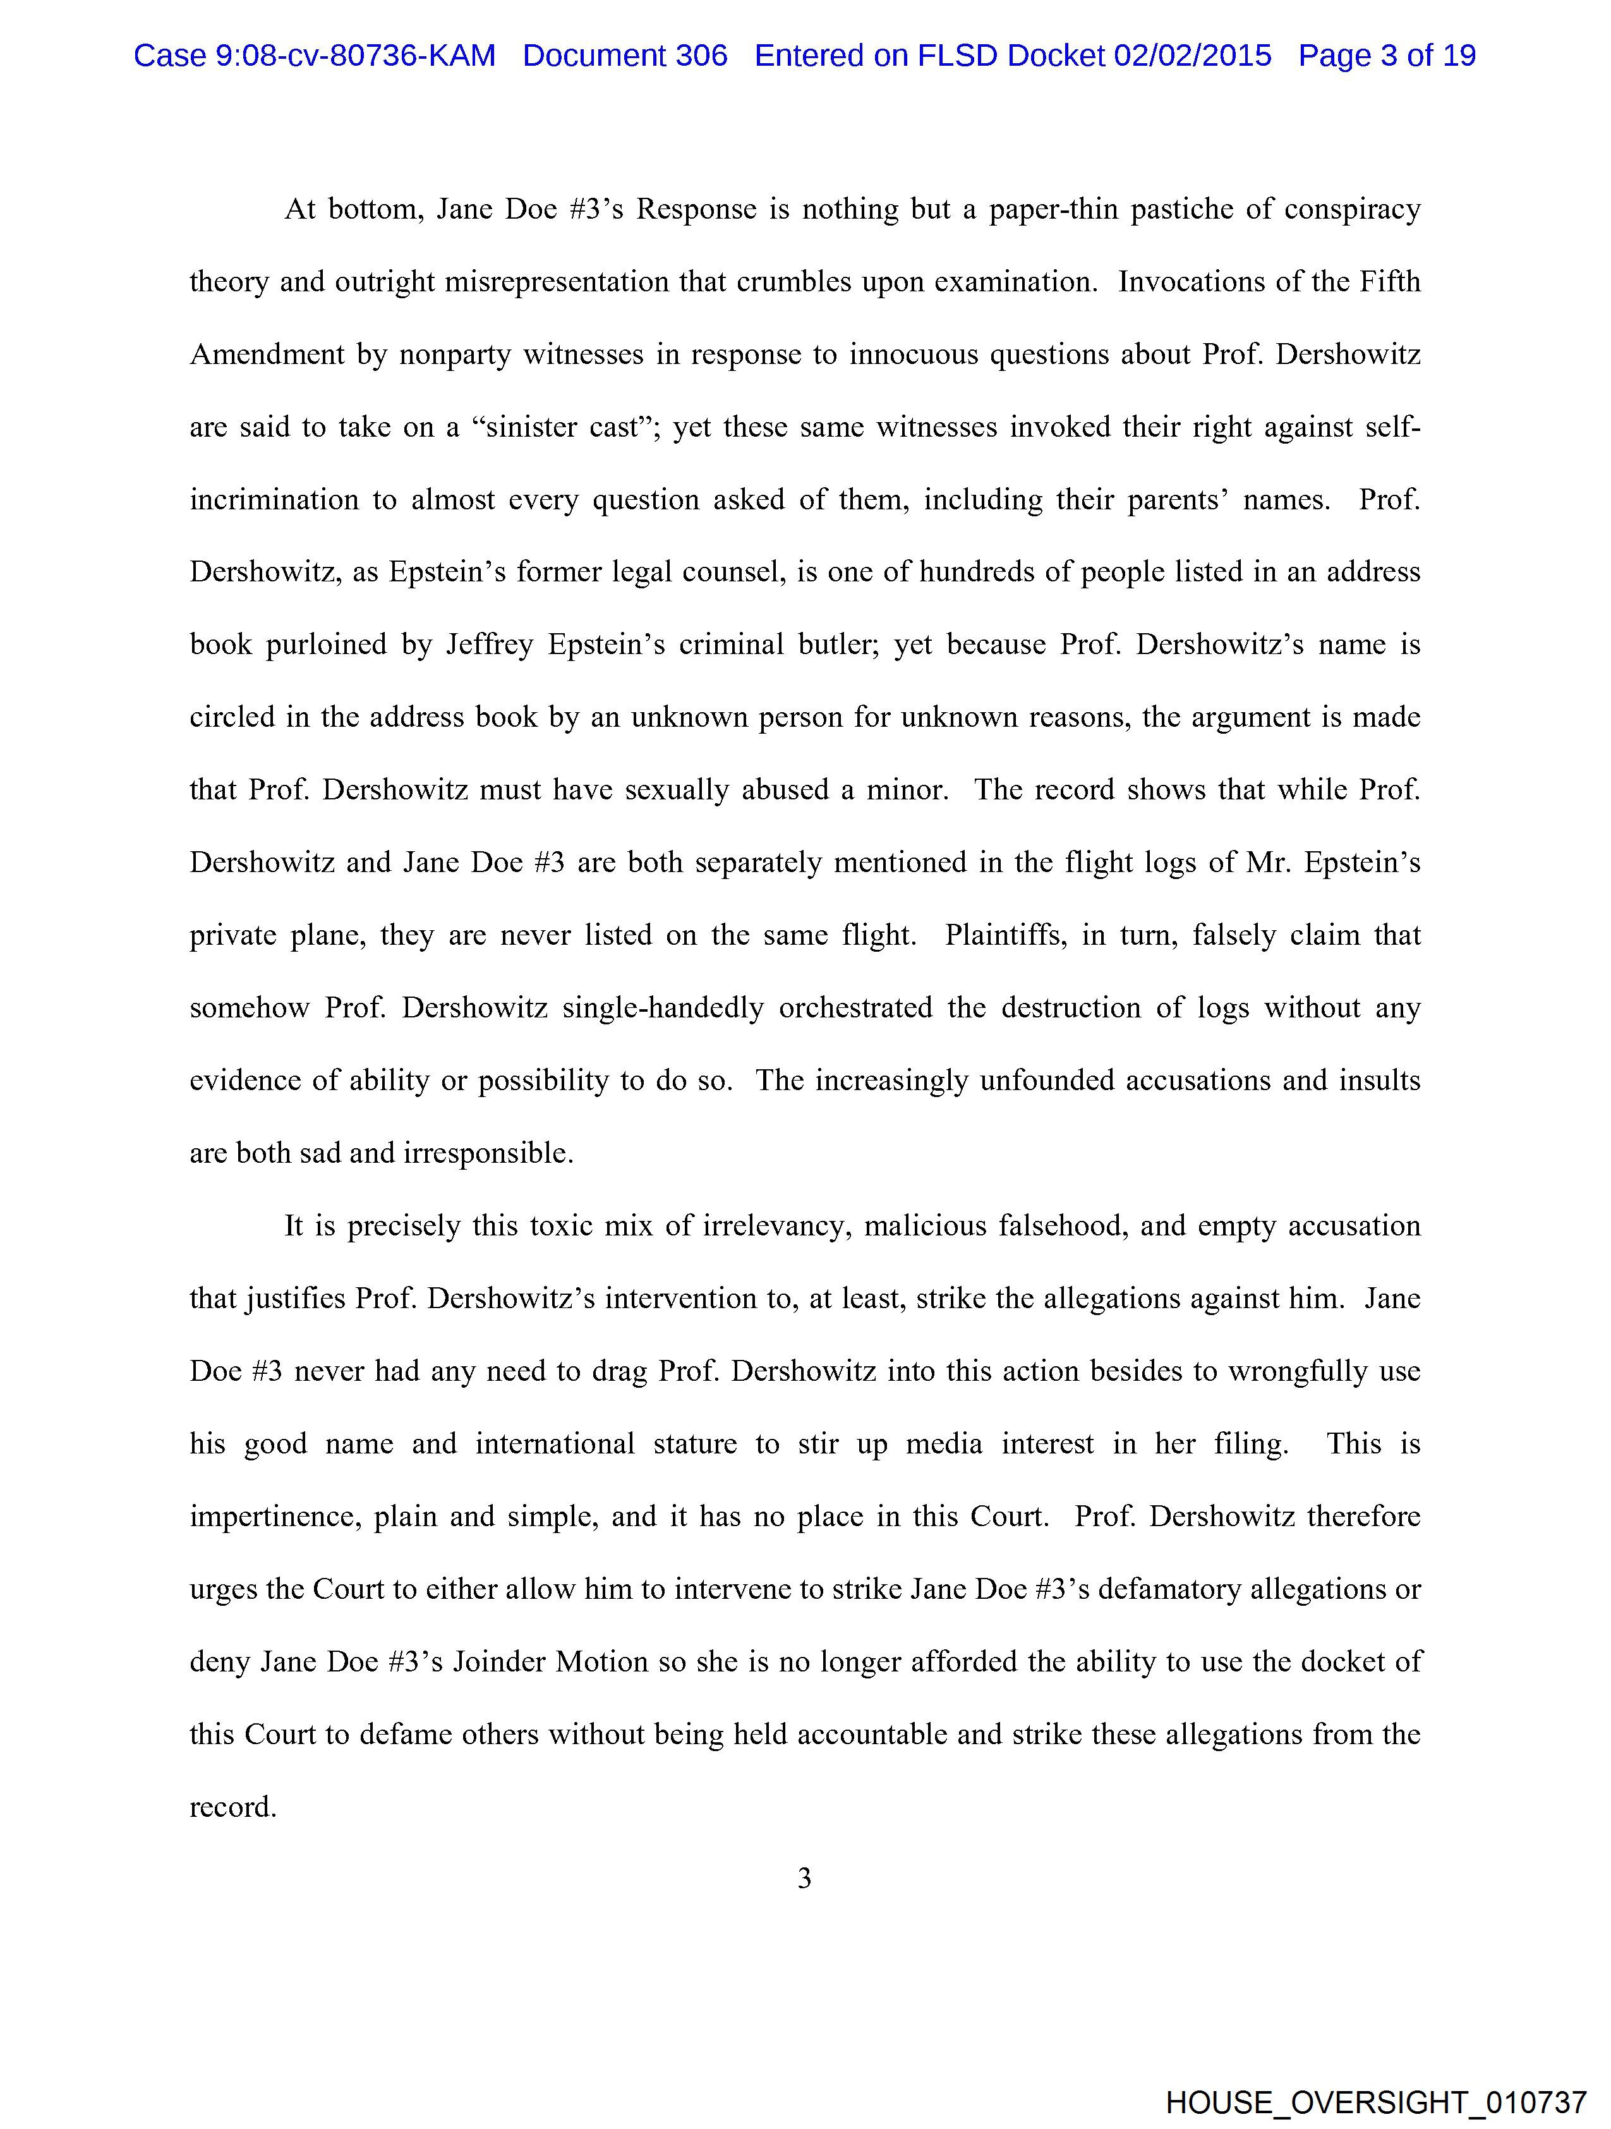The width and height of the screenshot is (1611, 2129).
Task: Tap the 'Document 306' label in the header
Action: pyautogui.click(x=625, y=56)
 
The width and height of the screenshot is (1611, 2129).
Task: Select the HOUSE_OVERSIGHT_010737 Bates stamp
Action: pyautogui.click(x=1375, y=2102)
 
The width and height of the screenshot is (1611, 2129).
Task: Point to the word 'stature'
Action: pyautogui.click(x=695, y=1444)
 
